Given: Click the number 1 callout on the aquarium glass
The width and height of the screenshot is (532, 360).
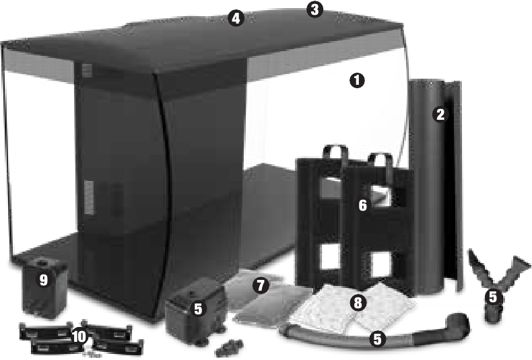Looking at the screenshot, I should (x=357, y=80).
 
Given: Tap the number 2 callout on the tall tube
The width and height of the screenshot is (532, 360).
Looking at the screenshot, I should (x=440, y=114).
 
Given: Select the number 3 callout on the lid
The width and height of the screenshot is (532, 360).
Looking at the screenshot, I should (x=314, y=10).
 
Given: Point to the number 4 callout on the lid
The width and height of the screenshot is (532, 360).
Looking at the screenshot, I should (x=235, y=18).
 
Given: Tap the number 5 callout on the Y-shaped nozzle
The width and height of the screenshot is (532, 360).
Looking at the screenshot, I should (x=493, y=296).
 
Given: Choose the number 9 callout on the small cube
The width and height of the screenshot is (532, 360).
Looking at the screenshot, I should (x=43, y=281).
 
